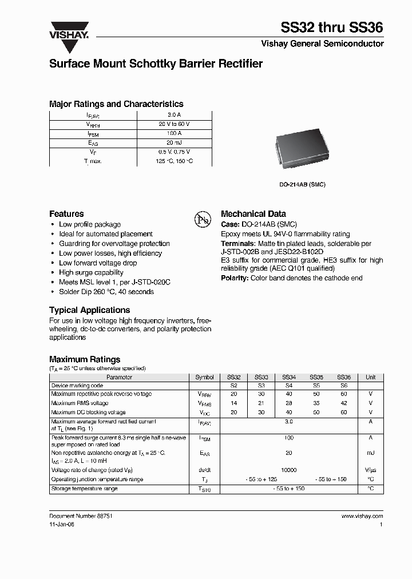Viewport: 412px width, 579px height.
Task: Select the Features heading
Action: (66, 213)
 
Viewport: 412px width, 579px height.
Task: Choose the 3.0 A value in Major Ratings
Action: (174, 114)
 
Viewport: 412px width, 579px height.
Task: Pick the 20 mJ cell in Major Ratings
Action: (174, 142)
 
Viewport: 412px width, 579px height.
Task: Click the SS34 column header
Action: (288, 378)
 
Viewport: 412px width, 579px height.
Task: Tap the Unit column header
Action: (371, 378)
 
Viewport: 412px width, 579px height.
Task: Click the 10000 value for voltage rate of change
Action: (288, 470)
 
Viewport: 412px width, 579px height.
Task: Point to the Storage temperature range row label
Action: (84, 489)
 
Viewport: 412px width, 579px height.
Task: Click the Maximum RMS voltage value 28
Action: (288, 403)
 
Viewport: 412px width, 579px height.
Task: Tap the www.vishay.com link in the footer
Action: (362, 516)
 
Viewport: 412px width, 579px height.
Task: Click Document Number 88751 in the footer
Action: (81, 516)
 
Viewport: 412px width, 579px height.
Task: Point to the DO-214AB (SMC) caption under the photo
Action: (302, 185)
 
